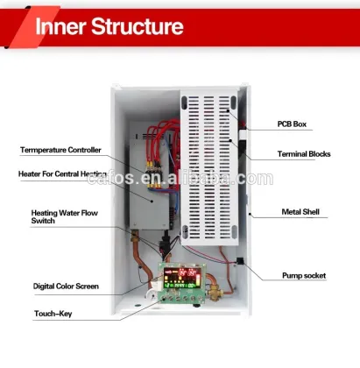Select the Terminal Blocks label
click(301, 157)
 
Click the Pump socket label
click(303, 275)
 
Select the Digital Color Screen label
click(66, 286)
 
